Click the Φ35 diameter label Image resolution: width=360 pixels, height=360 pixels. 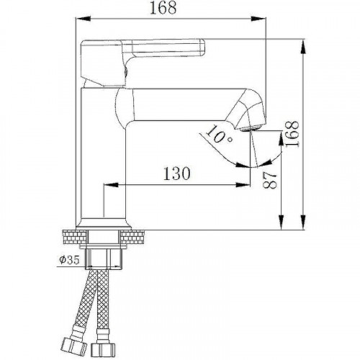(x=66, y=260)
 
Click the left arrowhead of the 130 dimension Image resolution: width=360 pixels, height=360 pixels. (x=109, y=185)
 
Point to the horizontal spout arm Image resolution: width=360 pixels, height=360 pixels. (x=187, y=101)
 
